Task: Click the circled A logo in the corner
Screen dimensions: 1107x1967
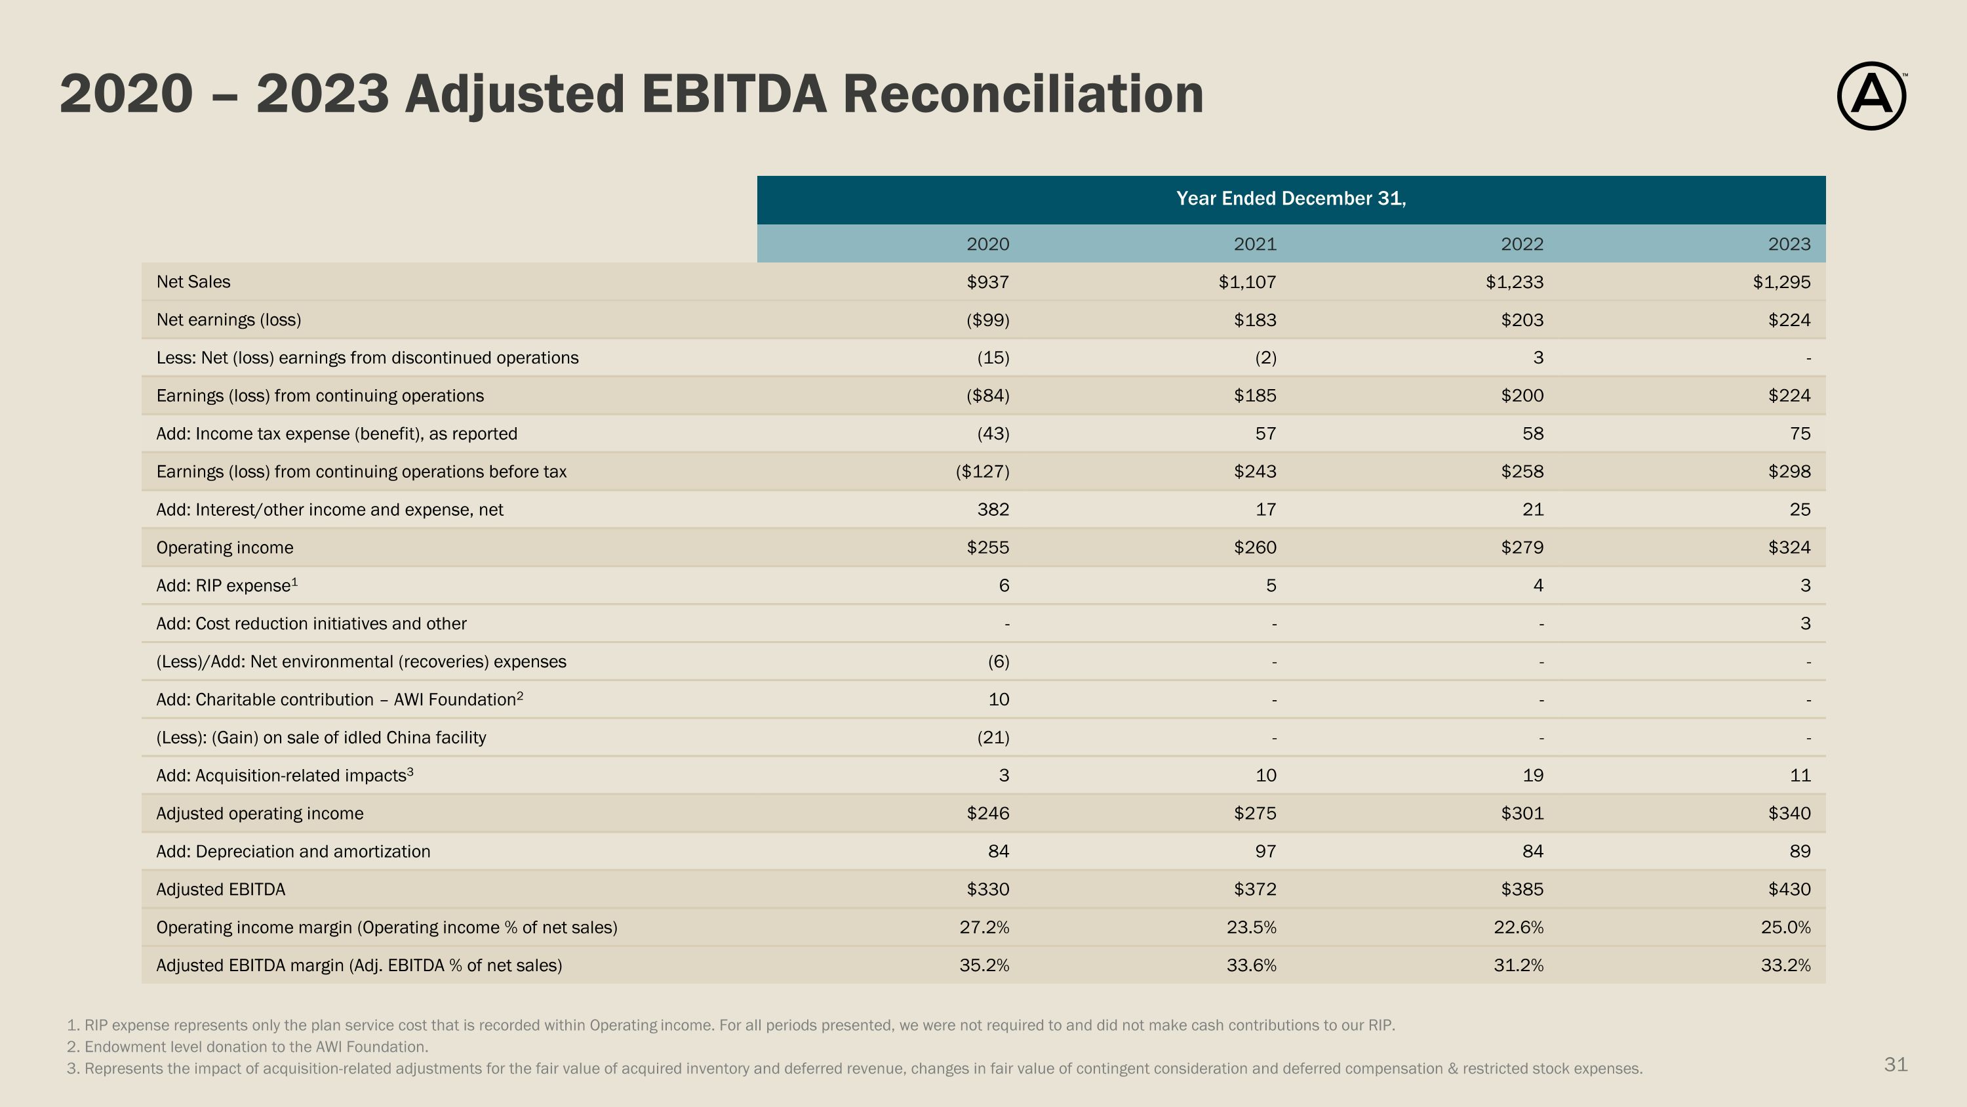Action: pos(1870,96)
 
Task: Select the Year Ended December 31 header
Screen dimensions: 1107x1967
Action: pos(1290,199)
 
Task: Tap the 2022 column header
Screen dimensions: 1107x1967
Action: pos(1521,245)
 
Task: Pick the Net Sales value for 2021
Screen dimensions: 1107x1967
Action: pos(1247,282)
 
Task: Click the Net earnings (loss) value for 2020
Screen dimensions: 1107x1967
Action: pos(987,320)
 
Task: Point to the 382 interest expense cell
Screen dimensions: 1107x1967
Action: pos(993,510)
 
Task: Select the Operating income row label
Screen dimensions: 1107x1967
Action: pos(224,548)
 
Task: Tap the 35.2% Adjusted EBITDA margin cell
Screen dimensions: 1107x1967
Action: pos(983,966)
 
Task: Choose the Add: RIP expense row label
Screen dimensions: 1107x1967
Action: pos(226,586)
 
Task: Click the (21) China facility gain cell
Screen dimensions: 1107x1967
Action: pos(993,738)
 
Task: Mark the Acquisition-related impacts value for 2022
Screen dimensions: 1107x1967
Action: pos(1532,776)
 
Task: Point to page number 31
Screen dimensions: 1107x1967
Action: pos(1896,1064)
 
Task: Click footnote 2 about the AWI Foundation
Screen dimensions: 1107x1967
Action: pos(247,1047)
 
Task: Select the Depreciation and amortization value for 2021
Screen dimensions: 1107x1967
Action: pos(1265,852)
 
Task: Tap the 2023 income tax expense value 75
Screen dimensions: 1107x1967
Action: pos(1799,434)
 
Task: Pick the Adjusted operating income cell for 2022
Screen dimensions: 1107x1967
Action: pos(1521,814)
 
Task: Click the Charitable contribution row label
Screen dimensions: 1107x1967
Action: pos(339,700)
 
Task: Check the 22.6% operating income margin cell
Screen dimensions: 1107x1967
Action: pos(1518,927)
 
